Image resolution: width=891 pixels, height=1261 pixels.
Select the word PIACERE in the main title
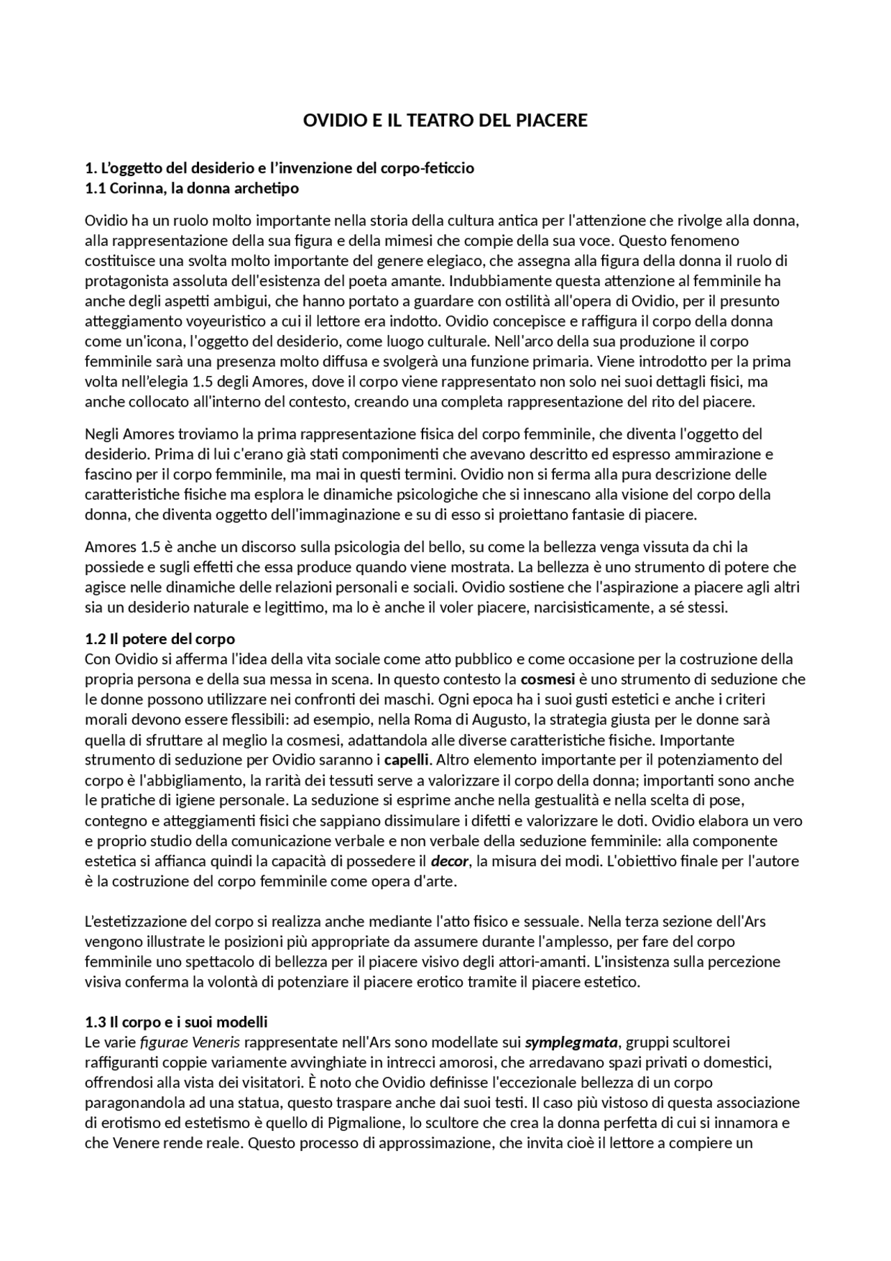coord(553,120)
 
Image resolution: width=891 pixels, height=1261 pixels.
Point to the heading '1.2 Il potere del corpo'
coord(160,639)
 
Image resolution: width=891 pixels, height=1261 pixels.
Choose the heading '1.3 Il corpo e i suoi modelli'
coord(176,1022)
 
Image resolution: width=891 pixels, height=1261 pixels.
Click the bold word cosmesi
coord(548,679)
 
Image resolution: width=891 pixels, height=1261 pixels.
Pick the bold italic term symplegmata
coord(571,1042)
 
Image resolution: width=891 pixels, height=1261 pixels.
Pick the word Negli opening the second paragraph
coord(102,434)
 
